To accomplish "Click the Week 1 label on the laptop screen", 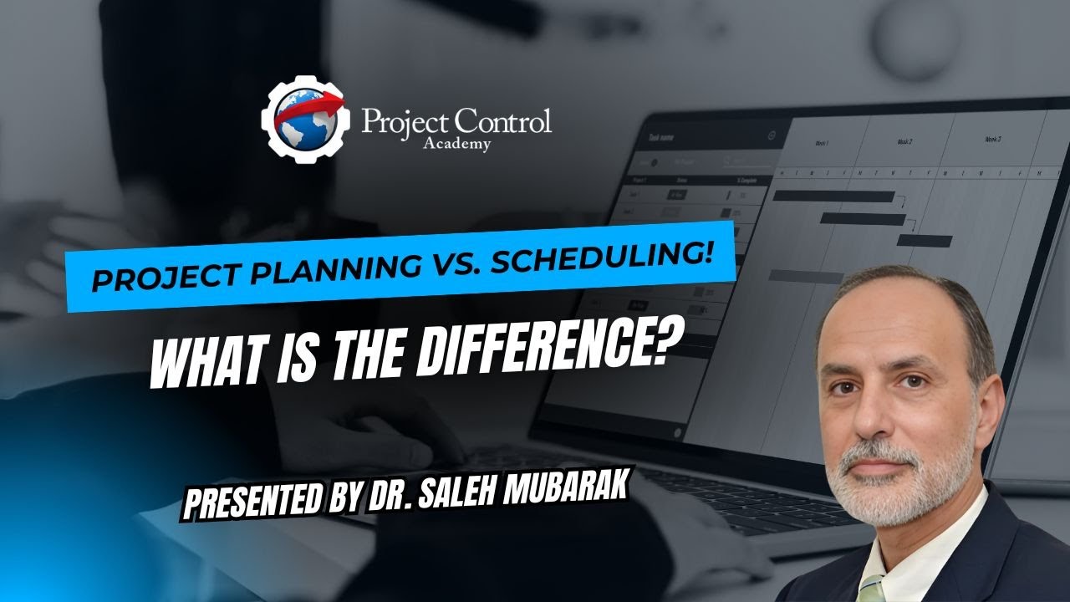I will [x=823, y=143].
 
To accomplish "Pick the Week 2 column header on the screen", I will [x=904, y=141].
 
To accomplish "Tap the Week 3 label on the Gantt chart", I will [x=993, y=138].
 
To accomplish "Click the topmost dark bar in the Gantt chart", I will [x=833, y=196].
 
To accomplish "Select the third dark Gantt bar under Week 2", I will [x=925, y=241].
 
